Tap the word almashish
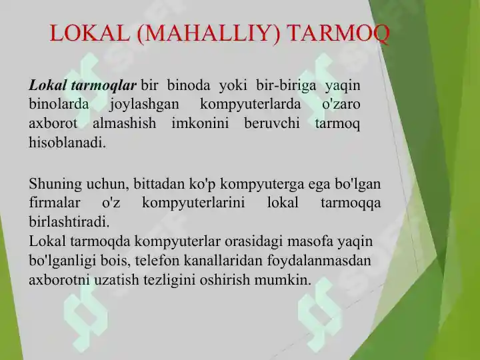[125, 124]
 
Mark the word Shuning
[55, 183]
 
